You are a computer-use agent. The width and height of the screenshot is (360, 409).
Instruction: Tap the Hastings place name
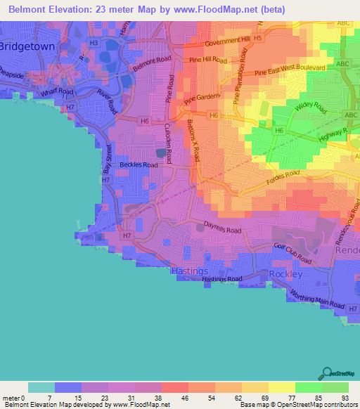190,271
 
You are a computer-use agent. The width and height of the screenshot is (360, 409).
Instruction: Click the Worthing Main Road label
319,299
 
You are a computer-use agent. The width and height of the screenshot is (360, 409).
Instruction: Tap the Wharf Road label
57,91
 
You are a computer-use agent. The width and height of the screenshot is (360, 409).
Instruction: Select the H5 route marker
257,37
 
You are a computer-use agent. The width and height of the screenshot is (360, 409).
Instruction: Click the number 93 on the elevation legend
345,398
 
